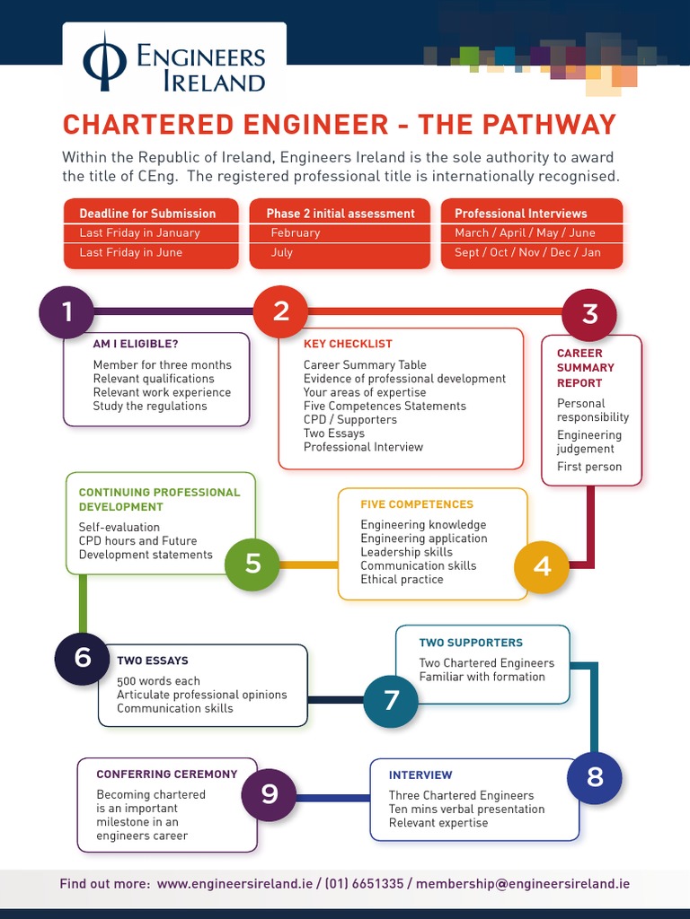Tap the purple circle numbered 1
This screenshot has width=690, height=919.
67,311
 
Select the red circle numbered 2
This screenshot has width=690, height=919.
281,311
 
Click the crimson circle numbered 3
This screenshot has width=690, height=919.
589,314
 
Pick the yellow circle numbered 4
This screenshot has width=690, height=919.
542,566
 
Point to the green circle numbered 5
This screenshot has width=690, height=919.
252,563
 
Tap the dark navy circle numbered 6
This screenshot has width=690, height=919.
83,658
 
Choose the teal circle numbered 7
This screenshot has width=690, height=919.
391,700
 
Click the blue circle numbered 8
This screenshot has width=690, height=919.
595,776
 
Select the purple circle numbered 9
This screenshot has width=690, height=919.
270,794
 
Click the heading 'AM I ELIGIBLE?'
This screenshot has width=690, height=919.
136,344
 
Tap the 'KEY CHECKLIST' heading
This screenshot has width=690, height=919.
348,344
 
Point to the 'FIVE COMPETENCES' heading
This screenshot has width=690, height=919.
417,504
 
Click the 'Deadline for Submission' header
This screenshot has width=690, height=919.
147,214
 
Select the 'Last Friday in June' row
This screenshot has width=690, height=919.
131,252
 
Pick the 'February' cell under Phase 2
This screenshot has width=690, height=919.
296,232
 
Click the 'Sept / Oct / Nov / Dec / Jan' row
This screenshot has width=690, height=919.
527,252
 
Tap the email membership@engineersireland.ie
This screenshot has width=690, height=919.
523,884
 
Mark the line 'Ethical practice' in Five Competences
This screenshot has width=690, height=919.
402,580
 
